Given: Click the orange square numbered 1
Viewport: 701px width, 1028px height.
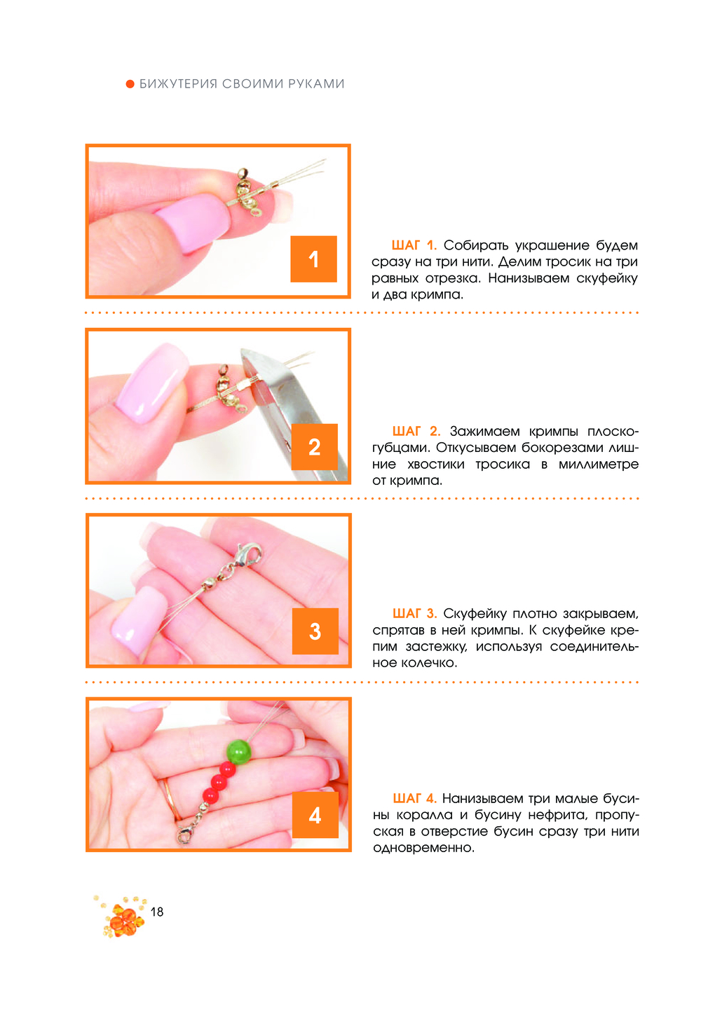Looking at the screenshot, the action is [x=313, y=259].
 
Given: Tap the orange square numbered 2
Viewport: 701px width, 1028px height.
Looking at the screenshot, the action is [x=315, y=446].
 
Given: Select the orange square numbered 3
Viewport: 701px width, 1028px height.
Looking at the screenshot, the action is [x=315, y=631].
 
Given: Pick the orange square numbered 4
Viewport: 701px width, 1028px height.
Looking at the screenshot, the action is [x=315, y=815].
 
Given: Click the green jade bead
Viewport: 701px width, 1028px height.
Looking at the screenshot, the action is [x=239, y=752].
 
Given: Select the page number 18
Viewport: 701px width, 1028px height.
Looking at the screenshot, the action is [x=157, y=912].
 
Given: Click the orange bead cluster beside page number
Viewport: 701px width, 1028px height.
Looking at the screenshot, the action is [x=122, y=916].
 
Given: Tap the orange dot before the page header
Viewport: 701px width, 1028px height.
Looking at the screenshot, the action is [x=130, y=84].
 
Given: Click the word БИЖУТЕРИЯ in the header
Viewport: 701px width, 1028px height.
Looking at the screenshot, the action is [x=178, y=84].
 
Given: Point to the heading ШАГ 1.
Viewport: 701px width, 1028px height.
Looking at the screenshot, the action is [x=414, y=245].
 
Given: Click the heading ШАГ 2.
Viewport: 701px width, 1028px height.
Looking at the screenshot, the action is [x=416, y=432].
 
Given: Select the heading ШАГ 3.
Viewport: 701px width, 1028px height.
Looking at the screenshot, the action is [x=414, y=614].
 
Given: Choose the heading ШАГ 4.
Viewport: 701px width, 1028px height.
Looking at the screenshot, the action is [x=414, y=799].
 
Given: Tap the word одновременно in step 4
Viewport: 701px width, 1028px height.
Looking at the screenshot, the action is [x=423, y=848].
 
